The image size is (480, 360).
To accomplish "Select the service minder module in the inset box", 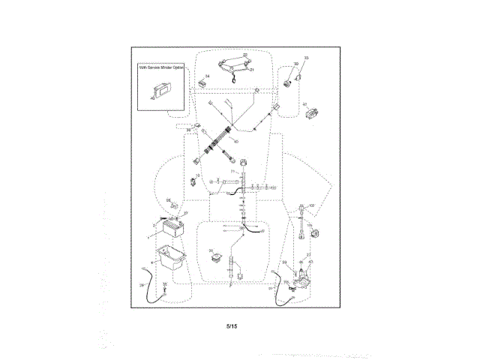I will point(162,89).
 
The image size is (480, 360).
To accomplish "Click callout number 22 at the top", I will point(244,55).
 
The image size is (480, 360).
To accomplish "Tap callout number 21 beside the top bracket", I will point(252,69).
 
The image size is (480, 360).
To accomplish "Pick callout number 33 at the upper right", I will point(306,58).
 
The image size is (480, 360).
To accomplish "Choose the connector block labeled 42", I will point(313,114).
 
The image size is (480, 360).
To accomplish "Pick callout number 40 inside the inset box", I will point(153,97).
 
